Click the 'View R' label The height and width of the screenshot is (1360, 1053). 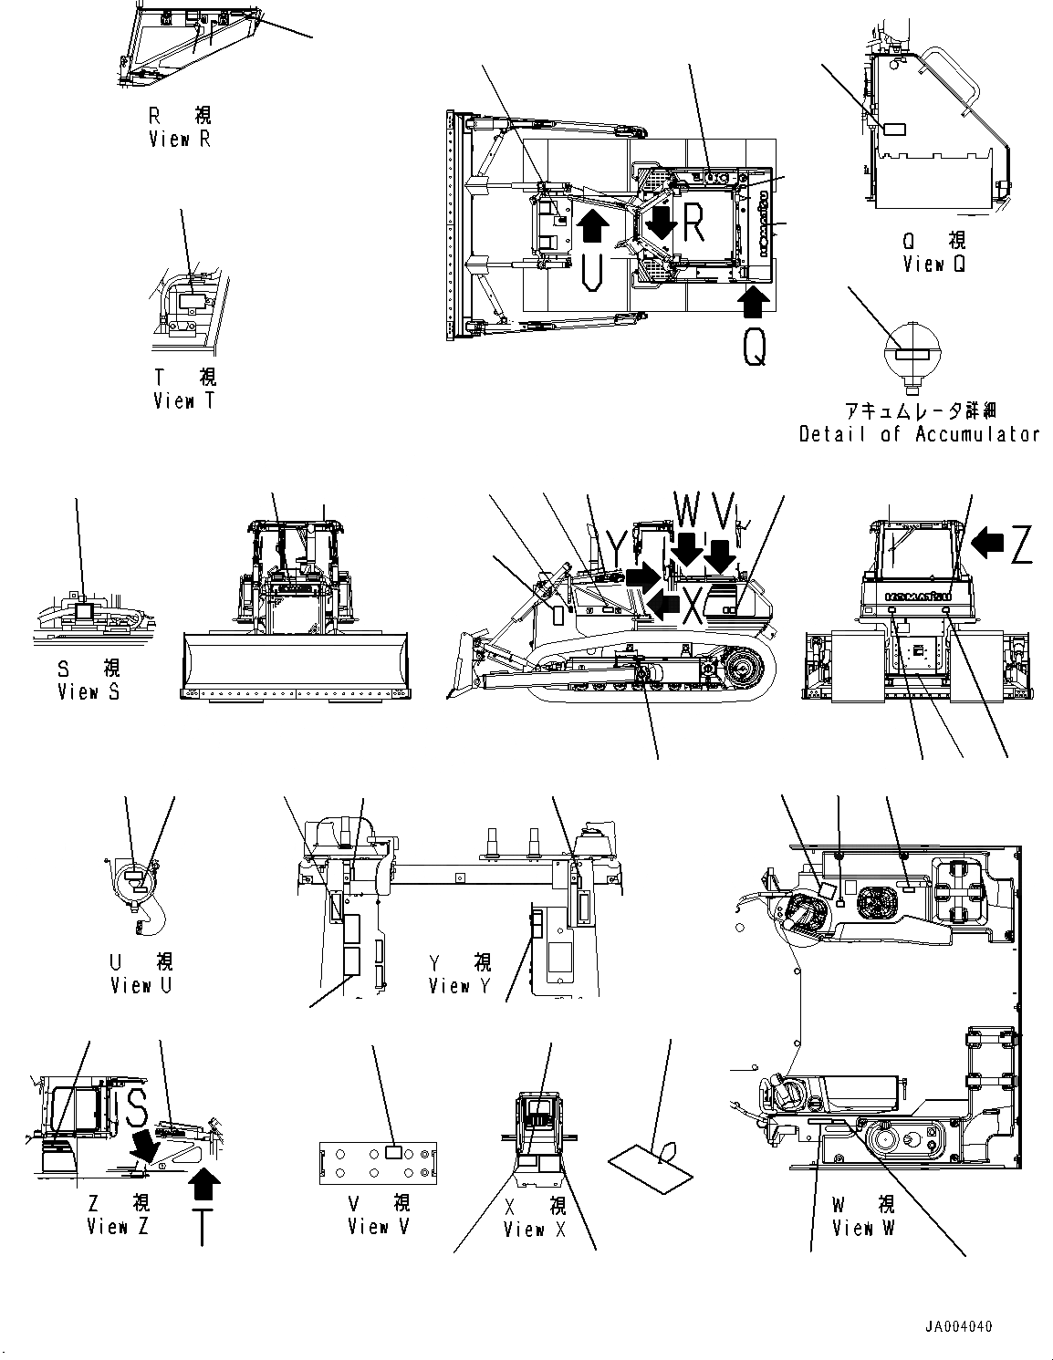180,140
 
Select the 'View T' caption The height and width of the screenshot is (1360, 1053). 185,400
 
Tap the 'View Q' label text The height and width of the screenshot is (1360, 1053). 933,264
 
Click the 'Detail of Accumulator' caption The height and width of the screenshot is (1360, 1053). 919,434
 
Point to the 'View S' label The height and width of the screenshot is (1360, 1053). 89,692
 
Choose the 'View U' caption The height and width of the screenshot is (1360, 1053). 141,985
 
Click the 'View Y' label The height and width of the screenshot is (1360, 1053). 460,986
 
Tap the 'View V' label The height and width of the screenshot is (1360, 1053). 379,1227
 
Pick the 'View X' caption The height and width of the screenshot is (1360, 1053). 535,1230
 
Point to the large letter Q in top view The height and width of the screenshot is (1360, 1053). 754,347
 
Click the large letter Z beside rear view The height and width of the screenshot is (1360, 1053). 1021,545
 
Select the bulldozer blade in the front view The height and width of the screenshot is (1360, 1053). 297,668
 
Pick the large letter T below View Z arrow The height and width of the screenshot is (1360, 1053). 202,1227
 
